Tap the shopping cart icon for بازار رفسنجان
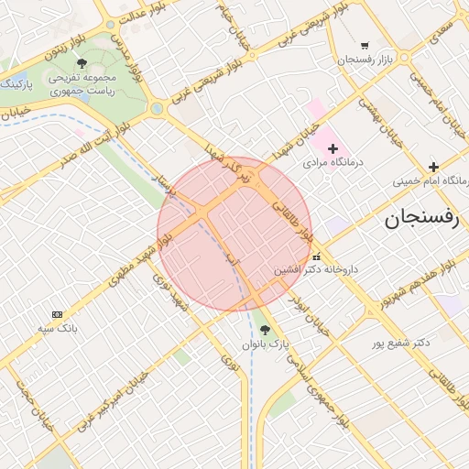pos(365,45)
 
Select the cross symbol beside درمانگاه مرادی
pos(333,147)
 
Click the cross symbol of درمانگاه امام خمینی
pos(433,167)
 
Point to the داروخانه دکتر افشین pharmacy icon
pos(317,257)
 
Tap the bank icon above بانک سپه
pos(58,314)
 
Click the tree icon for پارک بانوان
pos(266,330)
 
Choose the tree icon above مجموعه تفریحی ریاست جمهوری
pos(82,63)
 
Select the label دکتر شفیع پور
pos(400,344)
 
